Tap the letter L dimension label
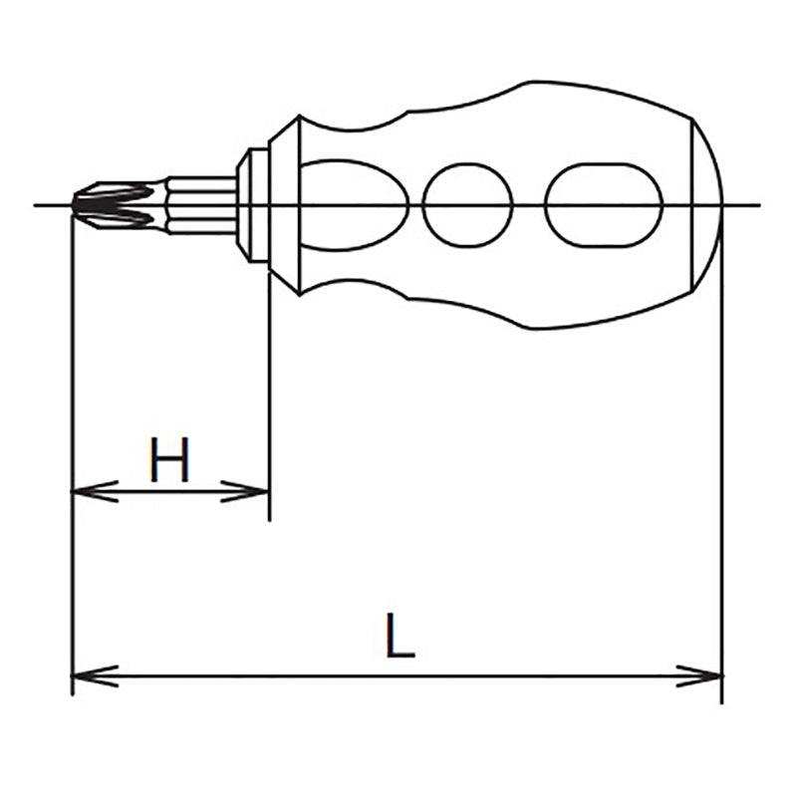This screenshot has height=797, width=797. (x=399, y=637)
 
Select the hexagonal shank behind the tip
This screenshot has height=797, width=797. (x=199, y=204)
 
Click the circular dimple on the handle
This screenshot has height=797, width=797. (x=467, y=205)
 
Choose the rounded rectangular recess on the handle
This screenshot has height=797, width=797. (x=604, y=205)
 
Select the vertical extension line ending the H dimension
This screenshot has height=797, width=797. (x=269, y=398)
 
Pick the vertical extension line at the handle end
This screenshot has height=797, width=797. (x=722, y=448)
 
